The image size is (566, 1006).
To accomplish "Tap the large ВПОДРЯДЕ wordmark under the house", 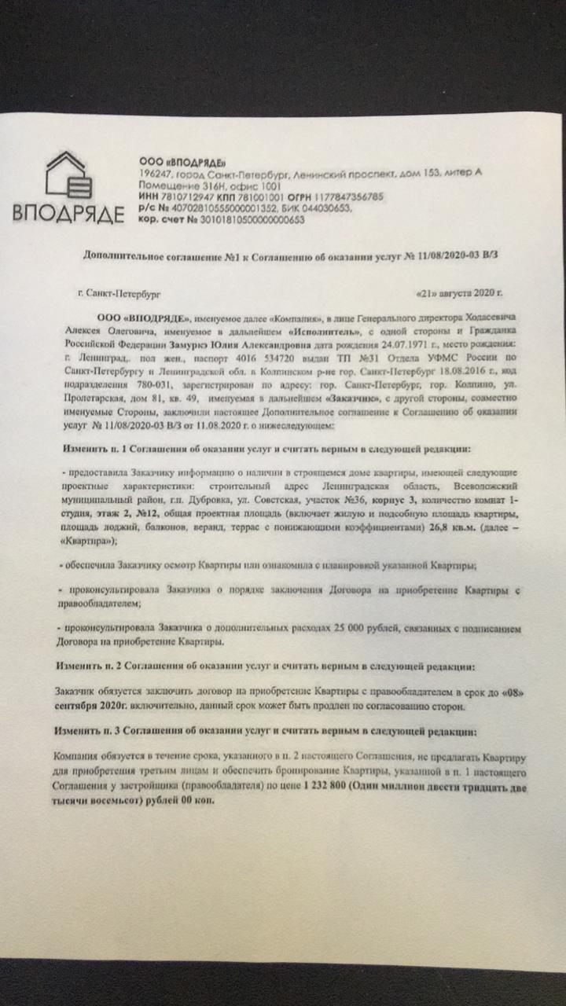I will point(68,213).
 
